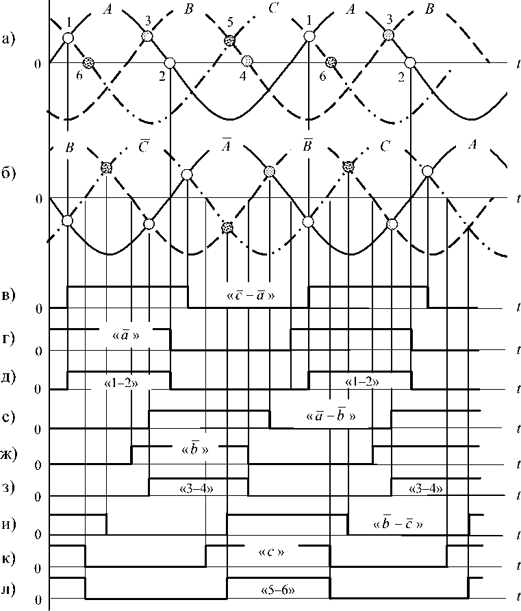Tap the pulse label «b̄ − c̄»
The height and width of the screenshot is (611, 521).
pyautogui.click(x=400, y=524)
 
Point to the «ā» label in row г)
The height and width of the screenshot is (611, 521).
pyautogui.click(x=125, y=336)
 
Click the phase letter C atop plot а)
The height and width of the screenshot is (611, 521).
pyautogui.click(x=272, y=9)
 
